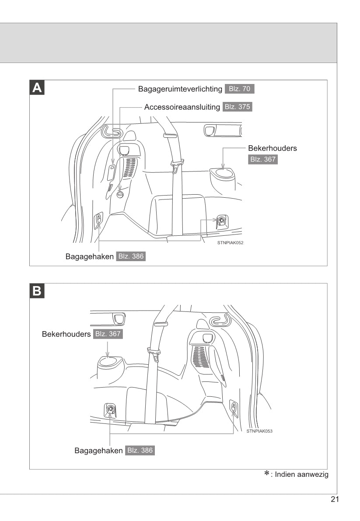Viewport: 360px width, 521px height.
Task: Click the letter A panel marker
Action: click(37, 88)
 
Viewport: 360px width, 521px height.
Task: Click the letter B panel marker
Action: click(37, 291)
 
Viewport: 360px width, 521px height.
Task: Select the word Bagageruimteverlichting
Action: click(180, 89)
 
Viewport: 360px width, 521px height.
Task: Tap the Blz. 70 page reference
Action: click(239, 89)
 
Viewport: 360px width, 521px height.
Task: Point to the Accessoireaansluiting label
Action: click(182, 107)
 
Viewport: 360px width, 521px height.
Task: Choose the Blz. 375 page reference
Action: click(238, 107)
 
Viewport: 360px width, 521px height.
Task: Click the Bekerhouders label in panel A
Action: click(272, 148)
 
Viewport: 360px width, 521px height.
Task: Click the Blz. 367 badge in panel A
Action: click(263, 159)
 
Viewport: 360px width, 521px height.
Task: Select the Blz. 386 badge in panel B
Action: click(140, 450)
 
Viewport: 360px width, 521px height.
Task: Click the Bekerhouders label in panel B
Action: click(66, 334)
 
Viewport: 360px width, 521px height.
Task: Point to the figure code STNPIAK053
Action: click(259, 431)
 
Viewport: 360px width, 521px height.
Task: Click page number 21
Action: click(335, 500)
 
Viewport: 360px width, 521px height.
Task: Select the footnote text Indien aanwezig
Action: click(301, 475)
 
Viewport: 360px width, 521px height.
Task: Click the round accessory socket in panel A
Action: click(121, 194)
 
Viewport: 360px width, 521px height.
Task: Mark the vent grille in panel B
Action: click(201, 356)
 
